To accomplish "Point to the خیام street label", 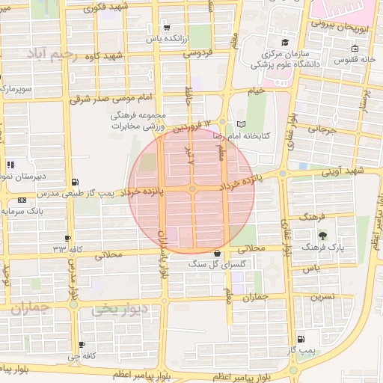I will click(256, 91).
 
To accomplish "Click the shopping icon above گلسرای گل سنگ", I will click(217, 253).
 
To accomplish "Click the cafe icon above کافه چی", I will click(82, 345).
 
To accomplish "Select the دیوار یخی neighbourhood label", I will click(119, 309).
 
